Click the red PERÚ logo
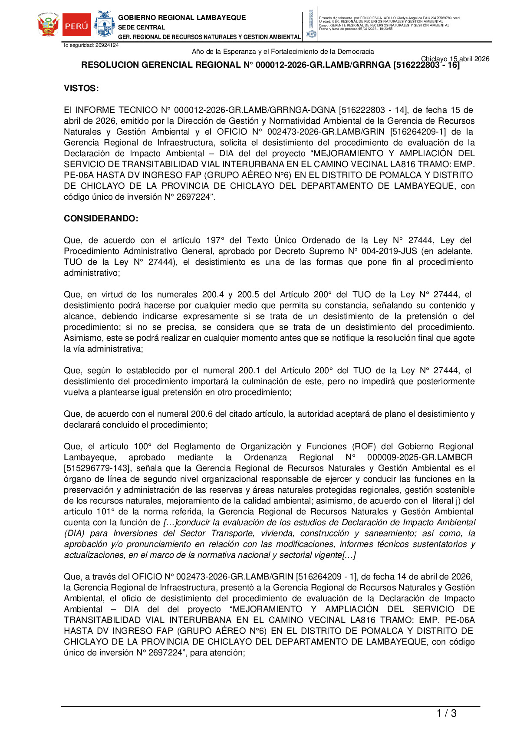click(x=77, y=25)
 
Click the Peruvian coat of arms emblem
click(x=48, y=25)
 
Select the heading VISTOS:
click(x=81, y=89)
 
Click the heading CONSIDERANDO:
click(x=101, y=219)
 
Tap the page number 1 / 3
click(x=446, y=713)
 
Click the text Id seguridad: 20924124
click(x=91, y=45)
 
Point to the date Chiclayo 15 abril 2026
click(x=455, y=59)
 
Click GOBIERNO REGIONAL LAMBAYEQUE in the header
click(x=182, y=18)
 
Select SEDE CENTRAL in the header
click(x=142, y=27)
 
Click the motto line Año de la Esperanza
click(x=283, y=52)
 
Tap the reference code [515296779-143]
click(x=97, y=468)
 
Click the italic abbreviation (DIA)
click(x=74, y=533)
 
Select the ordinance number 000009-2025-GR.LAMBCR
click(x=420, y=458)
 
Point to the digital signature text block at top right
click(x=389, y=23)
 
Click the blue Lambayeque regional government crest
click(x=104, y=25)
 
